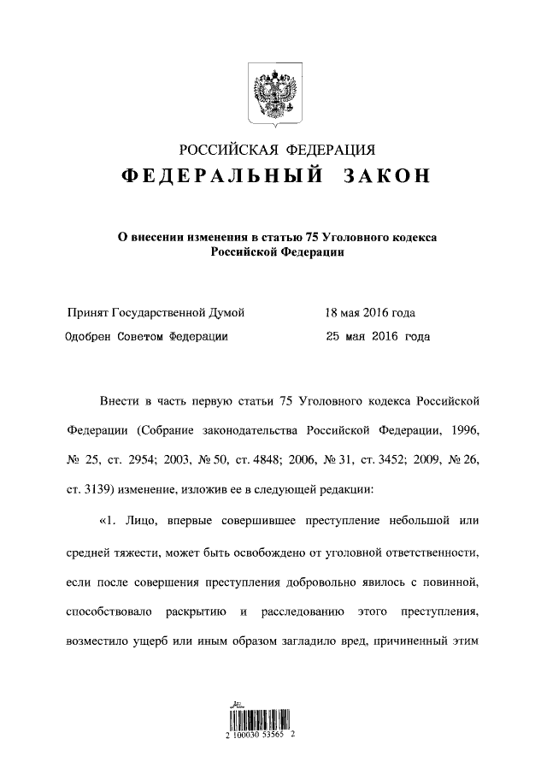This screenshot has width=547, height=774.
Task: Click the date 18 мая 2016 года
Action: pos(370,312)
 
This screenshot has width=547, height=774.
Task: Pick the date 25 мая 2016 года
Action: pos(378,336)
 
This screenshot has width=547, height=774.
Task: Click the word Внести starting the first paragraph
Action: pos(118,400)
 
